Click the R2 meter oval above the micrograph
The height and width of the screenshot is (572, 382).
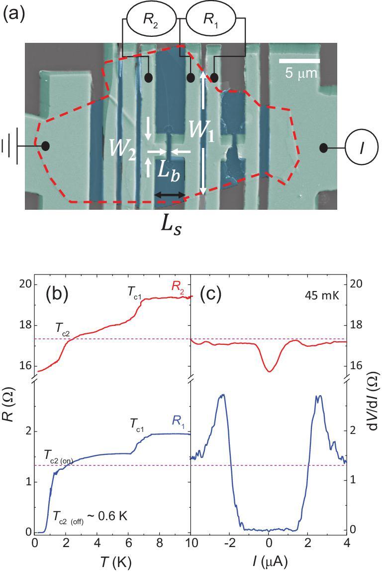[152, 19]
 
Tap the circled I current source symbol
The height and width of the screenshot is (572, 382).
[361, 148]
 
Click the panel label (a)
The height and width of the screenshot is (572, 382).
[14, 13]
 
